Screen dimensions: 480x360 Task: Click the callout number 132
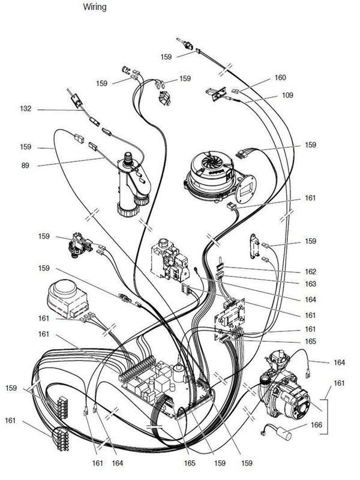click(x=25, y=109)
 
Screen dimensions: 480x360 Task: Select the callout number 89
click(x=25, y=165)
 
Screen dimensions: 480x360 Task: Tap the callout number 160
click(x=280, y=77)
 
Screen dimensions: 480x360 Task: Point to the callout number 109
click(x=280, y=95)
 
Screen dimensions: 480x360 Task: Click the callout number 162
click(x=310, y=271)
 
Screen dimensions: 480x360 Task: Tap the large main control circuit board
click(x=168, y=387)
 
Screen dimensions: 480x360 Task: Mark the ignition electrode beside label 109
click(x=216, y=95)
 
